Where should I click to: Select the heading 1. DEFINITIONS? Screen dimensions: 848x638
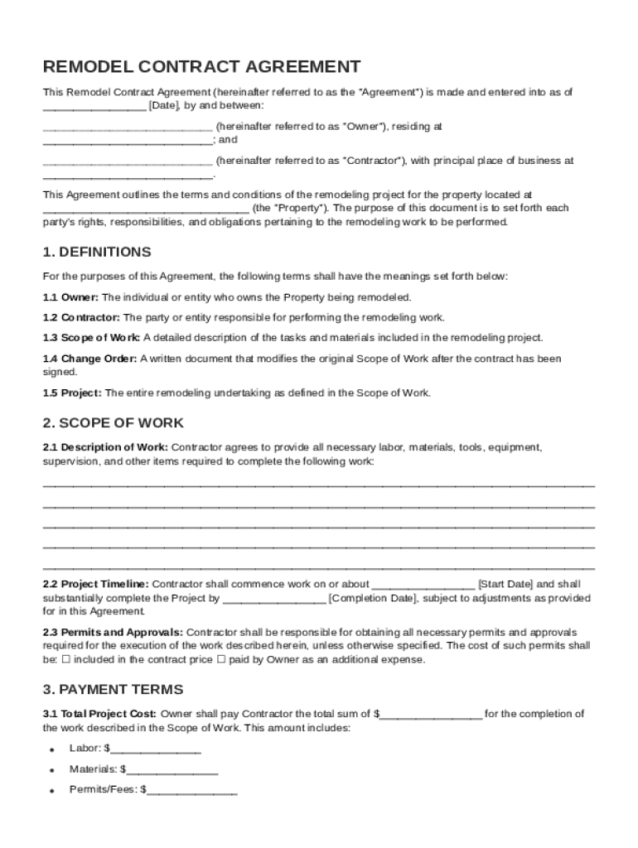[97, 252]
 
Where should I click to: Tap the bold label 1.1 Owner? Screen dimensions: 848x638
[71, 297]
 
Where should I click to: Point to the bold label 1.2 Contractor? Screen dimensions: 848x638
[82, 317]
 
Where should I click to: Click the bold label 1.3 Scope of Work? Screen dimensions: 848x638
[92, 338]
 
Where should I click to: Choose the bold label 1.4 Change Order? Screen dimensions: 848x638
[90, 359]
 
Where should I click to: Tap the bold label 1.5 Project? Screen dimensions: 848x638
[73, 393]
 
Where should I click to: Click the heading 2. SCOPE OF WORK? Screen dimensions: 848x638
[114, 423]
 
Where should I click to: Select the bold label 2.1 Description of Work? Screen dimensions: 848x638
[105, 447]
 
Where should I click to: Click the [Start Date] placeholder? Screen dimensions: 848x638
[505, 584]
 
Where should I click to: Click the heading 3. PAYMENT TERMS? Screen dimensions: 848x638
[114, 689]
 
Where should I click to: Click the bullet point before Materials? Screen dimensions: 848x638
[51, 770]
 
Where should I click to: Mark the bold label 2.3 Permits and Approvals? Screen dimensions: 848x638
[113, 632]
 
